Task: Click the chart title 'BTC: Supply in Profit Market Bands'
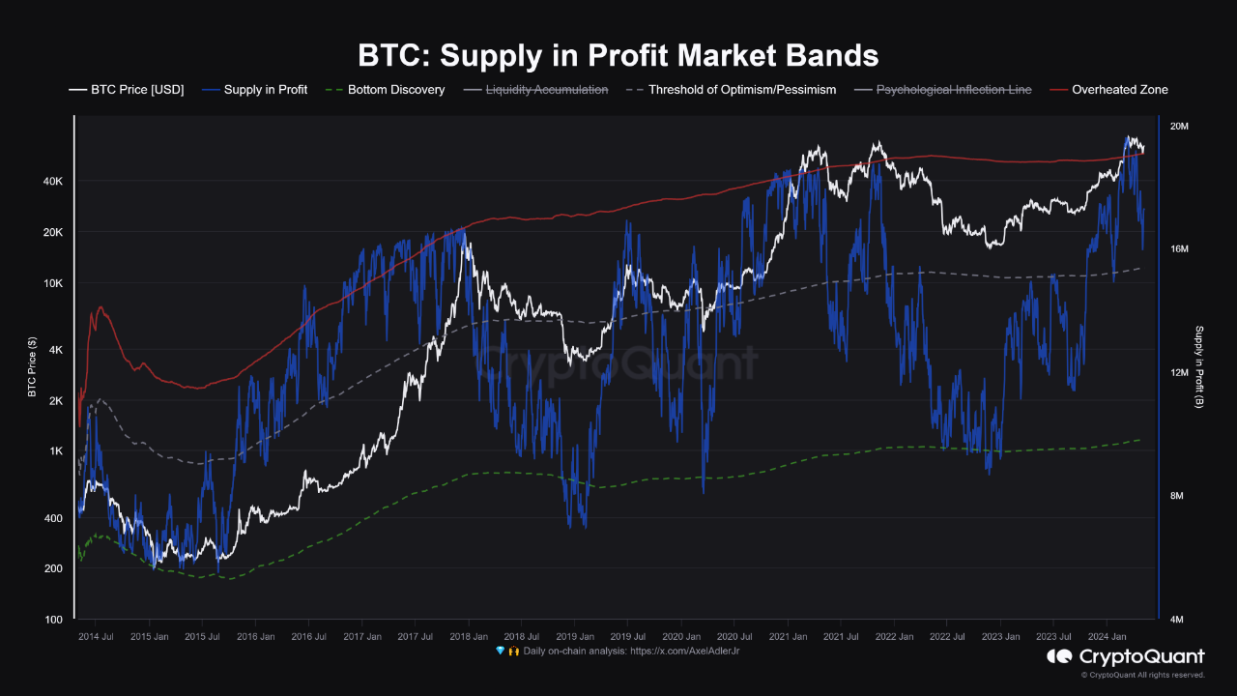pyautogui.click(x=618, y=55)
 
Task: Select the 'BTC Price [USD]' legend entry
pyautogui.click(x=136, y=90)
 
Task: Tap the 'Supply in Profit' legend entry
pyautogui.click(x=265, y=90)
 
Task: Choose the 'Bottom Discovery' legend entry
pyautogui.click(x=396, y=90)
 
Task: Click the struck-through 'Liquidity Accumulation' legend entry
pyautogui.click(x=546, y=90)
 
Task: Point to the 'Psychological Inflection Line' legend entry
pyautogui.click(x=953, y=90)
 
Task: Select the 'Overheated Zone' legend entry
pyautogui.click(x=1119, y=90)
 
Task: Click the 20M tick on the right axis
pyautogui.click(x=1185, y=127)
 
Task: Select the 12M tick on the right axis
pyautogui.click(x=1185, y=373)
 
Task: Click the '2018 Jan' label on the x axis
pyautogui.click(x=468, y=637)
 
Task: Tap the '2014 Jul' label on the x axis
pyautogui.click(x=95, y=637)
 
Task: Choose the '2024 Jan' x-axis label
pyautogui.click(x=1108, y=637)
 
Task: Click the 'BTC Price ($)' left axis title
pyautogui.click(x=32, y=367)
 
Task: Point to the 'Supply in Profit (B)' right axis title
pyautogui.click(x=1199, y=366)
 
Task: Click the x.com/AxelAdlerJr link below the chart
pyautogui.click(x=686, y=652)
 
